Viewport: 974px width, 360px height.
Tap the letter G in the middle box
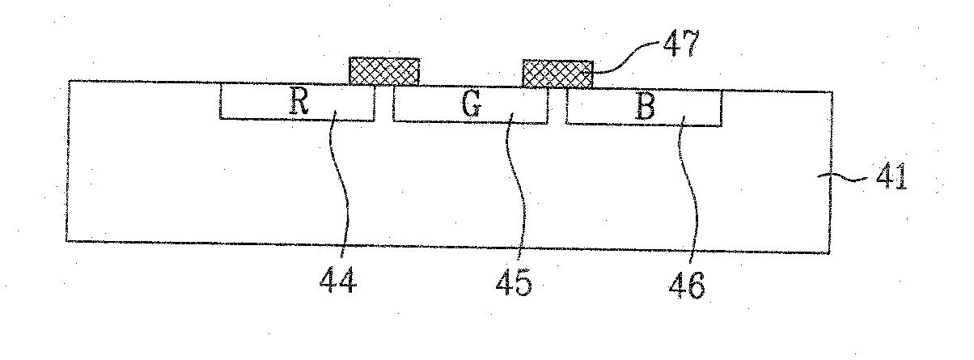click(472, 106)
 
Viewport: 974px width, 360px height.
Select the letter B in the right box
click(644, 108)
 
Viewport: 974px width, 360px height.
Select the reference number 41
click(886, 176)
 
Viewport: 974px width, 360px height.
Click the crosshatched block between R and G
click(384, 71)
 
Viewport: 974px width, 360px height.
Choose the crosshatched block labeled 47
click(557, 74)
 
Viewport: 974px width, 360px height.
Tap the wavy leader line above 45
click(519, 194)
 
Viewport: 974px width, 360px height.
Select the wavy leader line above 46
click(689, 194)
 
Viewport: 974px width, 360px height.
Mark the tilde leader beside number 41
click(846, 176)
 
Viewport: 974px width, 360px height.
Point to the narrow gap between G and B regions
click(557, 107)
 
